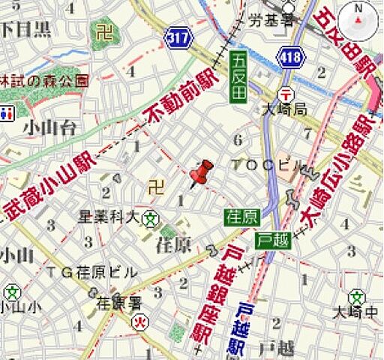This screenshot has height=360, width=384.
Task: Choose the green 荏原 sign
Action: click(x=241, y=217)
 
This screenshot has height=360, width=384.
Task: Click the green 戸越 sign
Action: click(x=272, y=240)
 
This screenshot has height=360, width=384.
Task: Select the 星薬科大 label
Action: click(x=109, y=217)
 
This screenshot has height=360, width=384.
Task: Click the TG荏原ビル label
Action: click(x=91, y=271)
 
